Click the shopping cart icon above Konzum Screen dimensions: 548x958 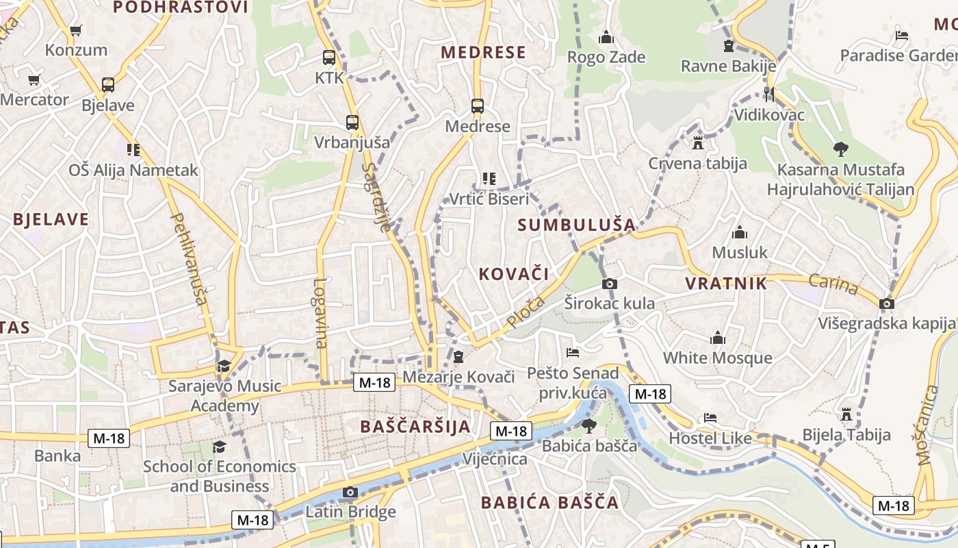click(x=75, y=30)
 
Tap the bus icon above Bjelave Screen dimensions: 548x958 click(x=107, y=85)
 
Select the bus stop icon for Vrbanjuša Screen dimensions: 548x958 click(x=352, y=123)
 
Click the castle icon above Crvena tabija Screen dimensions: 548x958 click(x=698, y=143)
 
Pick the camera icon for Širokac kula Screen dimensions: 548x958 click(x=609, y=284)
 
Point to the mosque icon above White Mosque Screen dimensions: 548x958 click(x=717, y=338)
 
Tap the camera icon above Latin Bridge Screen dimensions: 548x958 click(x=350, y=492)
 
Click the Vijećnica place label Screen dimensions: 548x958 click(x=495, y=458)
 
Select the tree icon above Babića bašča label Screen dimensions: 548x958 click(x=588, y=426)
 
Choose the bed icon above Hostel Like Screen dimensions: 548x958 click(x=710, y=418)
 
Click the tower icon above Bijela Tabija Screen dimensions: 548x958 click(x=846, y=414)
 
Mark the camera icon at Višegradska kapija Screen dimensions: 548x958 click(x=887, y=303)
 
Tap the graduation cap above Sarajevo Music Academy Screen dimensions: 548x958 click(x=224, y=366)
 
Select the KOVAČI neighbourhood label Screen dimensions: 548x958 click(x=514, y=274)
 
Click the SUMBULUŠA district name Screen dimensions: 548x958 click(x=576, y=225)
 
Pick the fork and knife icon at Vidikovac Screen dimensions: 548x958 click(x=769, y=94)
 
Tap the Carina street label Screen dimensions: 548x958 click(x=833, y=284)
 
